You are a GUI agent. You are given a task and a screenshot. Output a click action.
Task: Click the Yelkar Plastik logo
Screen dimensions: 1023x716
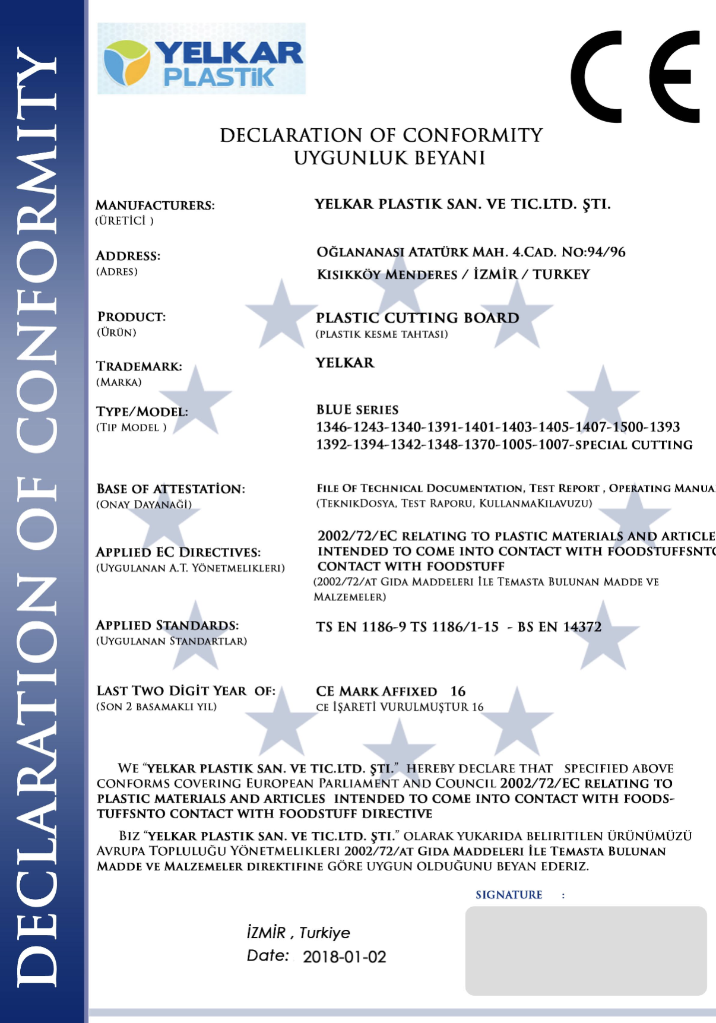(201, 59)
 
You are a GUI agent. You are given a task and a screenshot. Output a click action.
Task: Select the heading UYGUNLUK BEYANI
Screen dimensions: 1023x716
(389, 159)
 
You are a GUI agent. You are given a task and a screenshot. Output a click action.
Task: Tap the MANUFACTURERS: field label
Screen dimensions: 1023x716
(155, 205)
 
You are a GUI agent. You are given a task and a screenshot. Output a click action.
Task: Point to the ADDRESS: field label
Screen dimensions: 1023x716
(128, 256)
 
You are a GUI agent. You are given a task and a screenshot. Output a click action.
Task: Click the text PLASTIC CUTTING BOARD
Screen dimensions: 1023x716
(417, 318)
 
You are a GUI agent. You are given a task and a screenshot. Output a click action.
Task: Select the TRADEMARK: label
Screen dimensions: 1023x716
(139, 366)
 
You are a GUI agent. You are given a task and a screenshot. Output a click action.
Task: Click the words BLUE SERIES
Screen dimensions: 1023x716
(357, 410)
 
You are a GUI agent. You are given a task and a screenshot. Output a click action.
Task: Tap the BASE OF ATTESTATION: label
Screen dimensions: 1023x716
(170, 489)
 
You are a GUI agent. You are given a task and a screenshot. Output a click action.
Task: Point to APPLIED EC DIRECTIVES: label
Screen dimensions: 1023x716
(178, 552)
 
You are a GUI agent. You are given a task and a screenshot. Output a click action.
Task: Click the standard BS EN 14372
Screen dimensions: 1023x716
(559, 627)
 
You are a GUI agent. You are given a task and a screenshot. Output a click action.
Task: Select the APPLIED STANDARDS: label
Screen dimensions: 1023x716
(167, 626)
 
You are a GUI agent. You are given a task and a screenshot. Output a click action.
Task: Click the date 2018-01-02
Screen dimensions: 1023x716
(344, 957)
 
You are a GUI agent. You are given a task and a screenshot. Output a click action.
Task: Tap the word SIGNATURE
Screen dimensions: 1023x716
(509, 895)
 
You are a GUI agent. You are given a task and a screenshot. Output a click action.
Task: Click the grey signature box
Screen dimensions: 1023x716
(585, 950)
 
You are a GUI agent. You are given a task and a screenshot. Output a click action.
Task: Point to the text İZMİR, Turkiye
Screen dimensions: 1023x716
(299, 933)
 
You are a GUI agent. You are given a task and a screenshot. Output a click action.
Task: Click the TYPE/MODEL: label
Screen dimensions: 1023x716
(142, 412)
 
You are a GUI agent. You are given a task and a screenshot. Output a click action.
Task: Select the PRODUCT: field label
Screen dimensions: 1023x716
(131, 317)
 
